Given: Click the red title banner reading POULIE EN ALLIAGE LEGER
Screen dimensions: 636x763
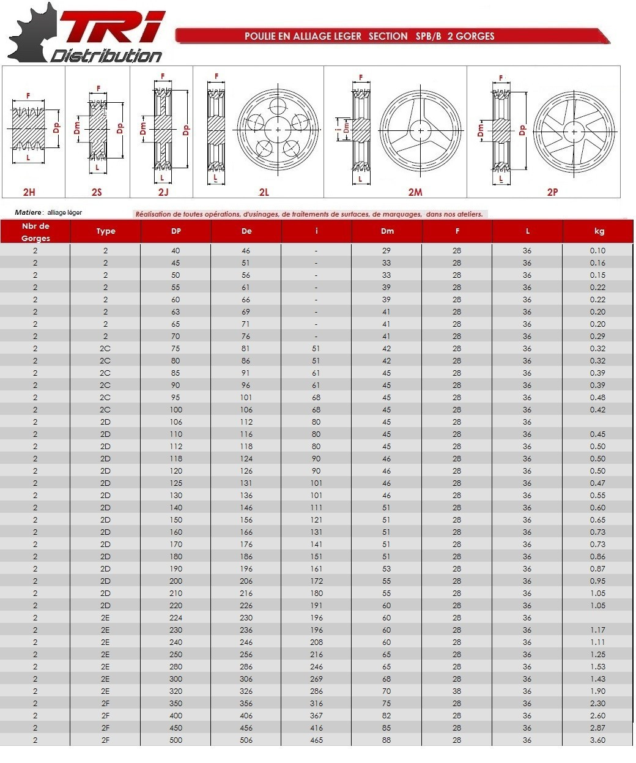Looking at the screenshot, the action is click(x=393, y=36).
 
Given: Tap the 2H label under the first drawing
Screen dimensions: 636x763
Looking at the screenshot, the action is click(x=29, y=192).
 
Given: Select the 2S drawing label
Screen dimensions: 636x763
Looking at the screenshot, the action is click(x=97, y=192).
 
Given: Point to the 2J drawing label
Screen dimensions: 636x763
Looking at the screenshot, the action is click(x=163, y=192).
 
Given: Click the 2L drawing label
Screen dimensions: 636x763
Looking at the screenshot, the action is click(x=264, y=192).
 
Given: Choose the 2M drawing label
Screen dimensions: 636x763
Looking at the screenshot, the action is click(x=415, y=192).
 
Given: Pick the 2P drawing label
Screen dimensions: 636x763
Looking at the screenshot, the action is click(x=552, y=192).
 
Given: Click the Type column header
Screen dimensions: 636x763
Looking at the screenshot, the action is click(x=106, y=231).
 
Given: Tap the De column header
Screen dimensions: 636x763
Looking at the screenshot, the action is click(x=246, y=231).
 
